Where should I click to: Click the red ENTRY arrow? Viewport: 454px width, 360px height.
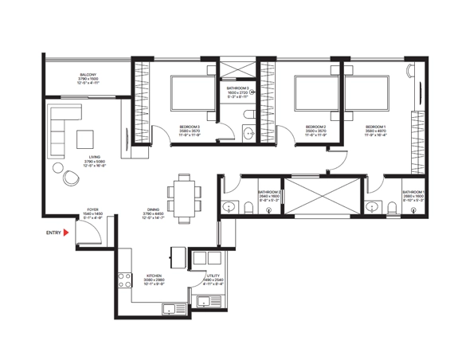point(69,233)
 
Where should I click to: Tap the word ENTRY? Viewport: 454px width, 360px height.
point(53,233)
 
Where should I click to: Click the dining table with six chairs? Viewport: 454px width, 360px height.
point(184,197)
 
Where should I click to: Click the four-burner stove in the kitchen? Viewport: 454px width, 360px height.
point(124,281)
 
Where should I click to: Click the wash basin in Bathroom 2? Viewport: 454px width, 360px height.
point(229,207)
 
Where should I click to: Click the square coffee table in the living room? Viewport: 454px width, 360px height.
point(85,139)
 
